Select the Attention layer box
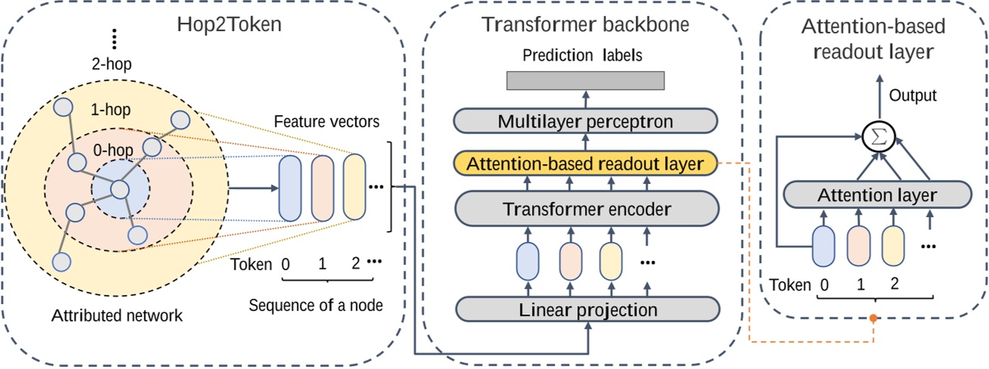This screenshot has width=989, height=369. pyautogui.click(x=876, y=195)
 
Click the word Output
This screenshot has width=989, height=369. pyautogui.click(x=913, y=96)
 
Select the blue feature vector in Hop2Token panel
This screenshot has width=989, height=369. pyautogui.click(x=291, y=188)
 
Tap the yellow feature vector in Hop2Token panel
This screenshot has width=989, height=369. pyautogui.click(x=354, y=188)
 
